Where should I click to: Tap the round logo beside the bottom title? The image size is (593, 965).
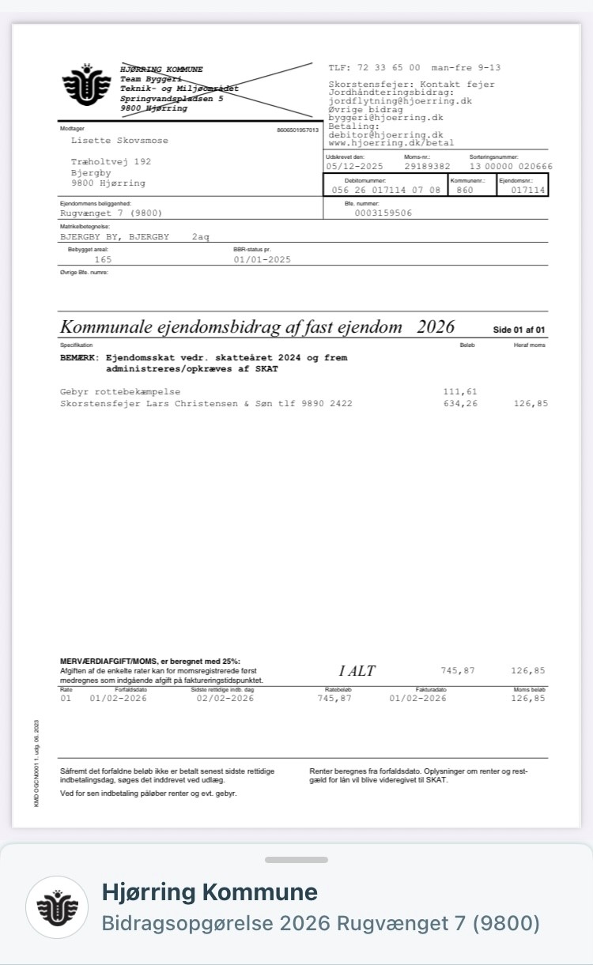pos(56,907)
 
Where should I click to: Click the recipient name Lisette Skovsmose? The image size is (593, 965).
pos(119,141)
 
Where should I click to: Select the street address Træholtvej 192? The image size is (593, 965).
pos(111,161)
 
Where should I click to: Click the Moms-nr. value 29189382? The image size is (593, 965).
pos(427,167)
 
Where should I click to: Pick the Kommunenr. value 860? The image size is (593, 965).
pos(465,190)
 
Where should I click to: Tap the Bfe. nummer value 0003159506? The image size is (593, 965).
pos(383,213)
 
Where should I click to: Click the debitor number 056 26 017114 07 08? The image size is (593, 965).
pos(386,190)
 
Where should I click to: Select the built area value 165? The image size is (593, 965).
pos(103,259)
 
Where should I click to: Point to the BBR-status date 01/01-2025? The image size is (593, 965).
pos(263,259)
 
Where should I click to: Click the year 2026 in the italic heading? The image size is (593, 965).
pos(436,327)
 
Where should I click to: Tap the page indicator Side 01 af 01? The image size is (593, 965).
pos(519,330)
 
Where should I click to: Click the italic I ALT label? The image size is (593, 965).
pos(357,671)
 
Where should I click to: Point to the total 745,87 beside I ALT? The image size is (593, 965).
pos(458,670)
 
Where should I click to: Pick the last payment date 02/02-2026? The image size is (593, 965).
pos(225,698)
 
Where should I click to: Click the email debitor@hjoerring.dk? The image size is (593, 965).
pos(386,135)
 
